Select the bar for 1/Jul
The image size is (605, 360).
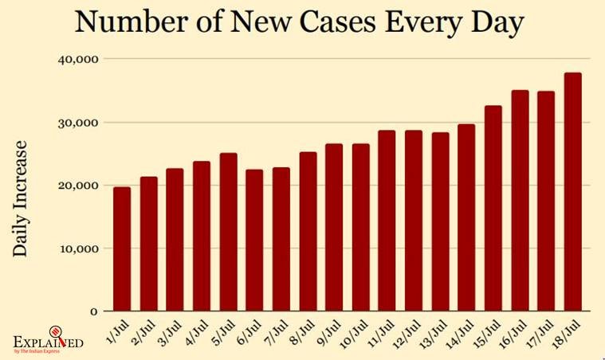122,248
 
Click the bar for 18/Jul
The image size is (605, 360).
572,191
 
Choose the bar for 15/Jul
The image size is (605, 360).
493,208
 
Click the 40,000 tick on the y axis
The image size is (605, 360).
77,59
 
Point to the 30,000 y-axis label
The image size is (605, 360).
77,123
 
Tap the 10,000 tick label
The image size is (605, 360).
77,248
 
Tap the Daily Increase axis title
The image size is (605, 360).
22,198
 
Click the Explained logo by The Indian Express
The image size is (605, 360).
49,342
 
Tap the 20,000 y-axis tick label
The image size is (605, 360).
77,186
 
